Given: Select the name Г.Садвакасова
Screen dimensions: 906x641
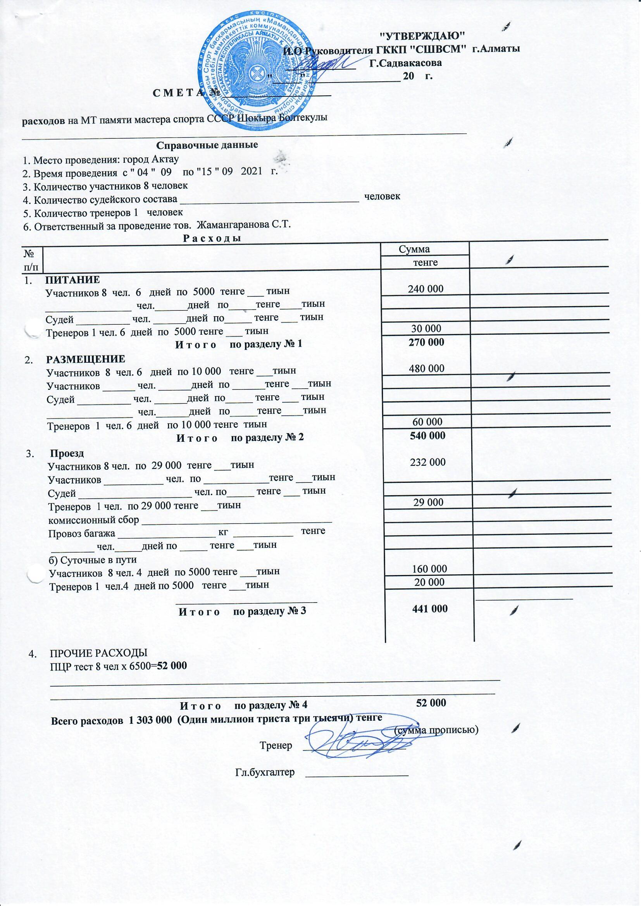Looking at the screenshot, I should point(405,63).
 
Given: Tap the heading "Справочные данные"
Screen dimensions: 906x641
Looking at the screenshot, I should point(207,145).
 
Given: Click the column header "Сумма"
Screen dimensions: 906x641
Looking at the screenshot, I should point(414,249).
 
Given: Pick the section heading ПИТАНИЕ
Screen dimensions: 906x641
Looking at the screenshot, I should point(72,280).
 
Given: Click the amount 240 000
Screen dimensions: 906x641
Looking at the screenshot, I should point(426,289).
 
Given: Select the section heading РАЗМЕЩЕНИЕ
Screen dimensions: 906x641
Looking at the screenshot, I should point(86,359).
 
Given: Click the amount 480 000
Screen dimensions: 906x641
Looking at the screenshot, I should point(426,369).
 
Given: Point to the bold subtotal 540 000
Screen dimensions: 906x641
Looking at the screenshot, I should point(427,436).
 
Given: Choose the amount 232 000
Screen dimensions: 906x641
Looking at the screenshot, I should point(427,462).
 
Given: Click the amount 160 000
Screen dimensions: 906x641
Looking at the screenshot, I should point(429,569).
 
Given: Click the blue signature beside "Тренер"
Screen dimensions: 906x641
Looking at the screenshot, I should point(353,742).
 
